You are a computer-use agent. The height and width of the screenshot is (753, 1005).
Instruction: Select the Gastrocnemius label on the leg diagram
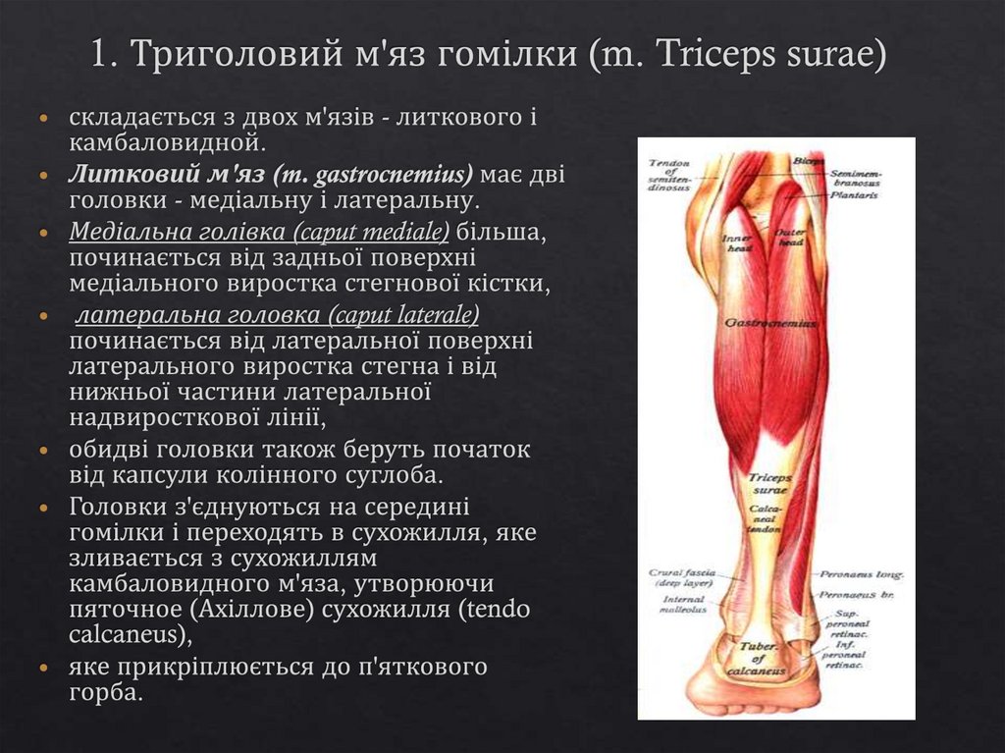pos(770,322)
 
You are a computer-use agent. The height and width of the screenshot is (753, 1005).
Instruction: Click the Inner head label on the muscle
pos(736,242)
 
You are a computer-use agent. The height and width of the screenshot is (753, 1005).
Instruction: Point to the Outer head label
pos(791,238)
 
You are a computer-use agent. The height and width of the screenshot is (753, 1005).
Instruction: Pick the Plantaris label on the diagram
pos(852,195)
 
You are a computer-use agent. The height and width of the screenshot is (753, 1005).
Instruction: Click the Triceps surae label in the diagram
pos(770,484)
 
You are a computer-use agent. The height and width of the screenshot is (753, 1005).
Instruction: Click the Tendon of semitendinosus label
pos(669,175)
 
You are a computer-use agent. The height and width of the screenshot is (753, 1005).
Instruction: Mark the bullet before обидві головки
pos(42,450)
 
